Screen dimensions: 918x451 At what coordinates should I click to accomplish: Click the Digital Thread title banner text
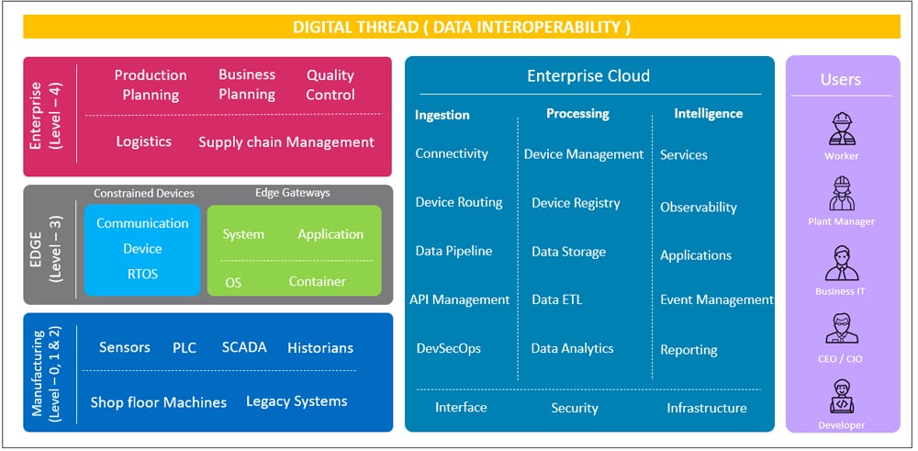(x=462, y=27)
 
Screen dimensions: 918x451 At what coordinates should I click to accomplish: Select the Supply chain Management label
(x=286, y=141)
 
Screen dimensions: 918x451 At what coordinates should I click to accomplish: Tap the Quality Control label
(x=330, y=85)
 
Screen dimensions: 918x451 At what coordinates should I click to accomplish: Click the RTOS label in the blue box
(x=143, y=274)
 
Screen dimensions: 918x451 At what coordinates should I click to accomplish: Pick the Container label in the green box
(x=318, y=281)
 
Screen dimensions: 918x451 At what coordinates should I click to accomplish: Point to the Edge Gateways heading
(x=293, y=193)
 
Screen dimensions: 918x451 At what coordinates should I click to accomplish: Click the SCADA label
(x=244, y=347)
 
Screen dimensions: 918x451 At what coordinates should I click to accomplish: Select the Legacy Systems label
(x=297, y=401)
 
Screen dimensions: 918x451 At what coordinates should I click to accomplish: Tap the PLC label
(x=185, y=348)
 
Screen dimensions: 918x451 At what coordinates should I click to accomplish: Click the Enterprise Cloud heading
(x=588, y=75)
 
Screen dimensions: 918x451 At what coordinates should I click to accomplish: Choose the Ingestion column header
(x=442, y=115)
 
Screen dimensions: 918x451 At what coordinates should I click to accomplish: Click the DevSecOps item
(x=449, y=348)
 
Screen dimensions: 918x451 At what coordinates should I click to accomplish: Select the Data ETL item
(x=557, y=299)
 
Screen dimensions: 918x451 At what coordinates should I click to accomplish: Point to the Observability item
(x=699, y=208)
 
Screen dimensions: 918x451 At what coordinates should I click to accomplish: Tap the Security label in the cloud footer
(x=575, y=408)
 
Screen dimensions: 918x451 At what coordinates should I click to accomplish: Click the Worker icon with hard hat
(x=842, y=129)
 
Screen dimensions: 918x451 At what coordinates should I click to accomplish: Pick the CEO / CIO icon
(x=842, y=329)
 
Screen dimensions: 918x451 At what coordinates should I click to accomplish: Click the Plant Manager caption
(x=841, y=222)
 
